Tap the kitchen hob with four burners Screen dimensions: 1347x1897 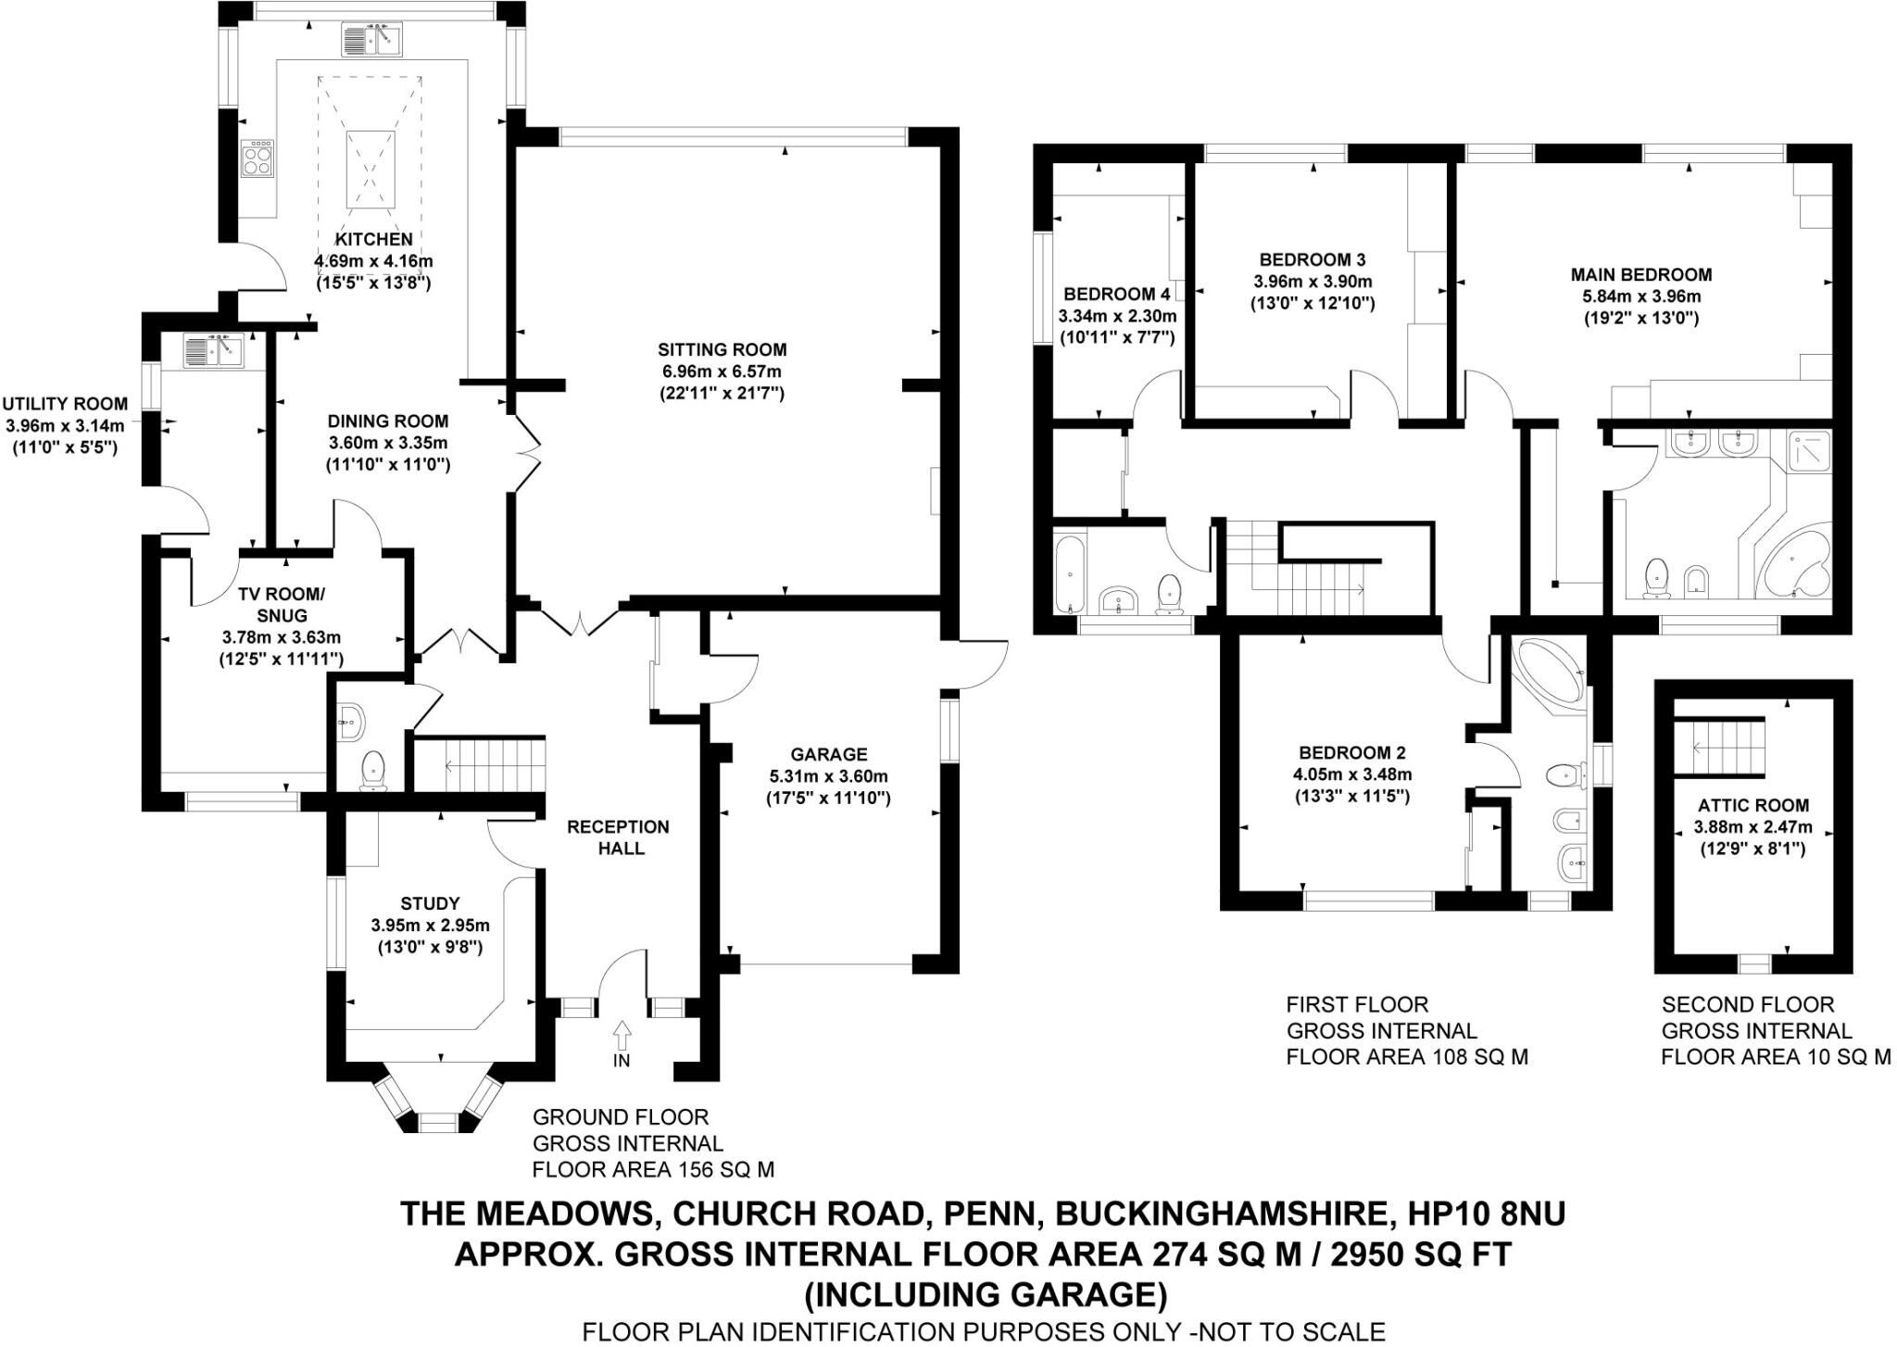258,157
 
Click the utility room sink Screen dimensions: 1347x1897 212,351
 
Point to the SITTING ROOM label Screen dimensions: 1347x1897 722,350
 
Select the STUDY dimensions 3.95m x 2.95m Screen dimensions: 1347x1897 430,925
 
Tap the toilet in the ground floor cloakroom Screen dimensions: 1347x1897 372,771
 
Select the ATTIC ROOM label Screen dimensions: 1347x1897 1753,806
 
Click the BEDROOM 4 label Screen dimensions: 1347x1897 1116,295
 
